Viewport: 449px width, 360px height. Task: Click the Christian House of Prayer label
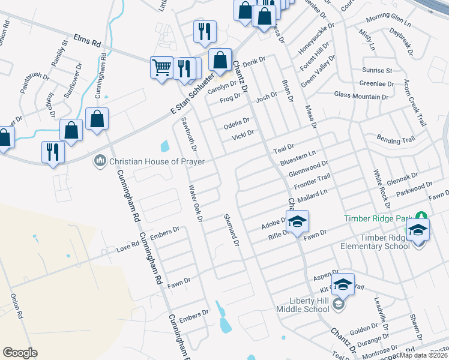point(157,161)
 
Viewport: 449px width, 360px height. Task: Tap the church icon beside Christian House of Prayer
point(100,161)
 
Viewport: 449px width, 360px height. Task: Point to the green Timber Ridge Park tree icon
point(421,217)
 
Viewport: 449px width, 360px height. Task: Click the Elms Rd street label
point(87,40)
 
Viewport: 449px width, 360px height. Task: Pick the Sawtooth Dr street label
point(189,134)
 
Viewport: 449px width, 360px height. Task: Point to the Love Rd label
point(127,246)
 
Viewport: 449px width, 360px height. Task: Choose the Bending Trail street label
point(396,140)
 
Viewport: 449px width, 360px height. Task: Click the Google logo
point(20,353)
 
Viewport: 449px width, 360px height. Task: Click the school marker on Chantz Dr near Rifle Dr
point(297,221)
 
